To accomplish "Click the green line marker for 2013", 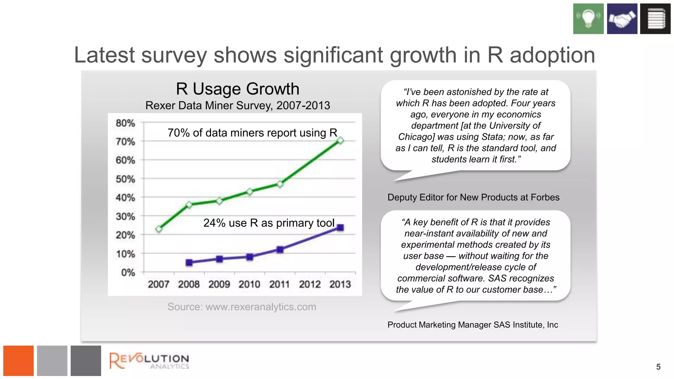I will coord(340,140).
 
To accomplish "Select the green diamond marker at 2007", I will coord(159,229).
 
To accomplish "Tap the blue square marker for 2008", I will coord(189,262).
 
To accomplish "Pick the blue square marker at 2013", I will coord(340,227).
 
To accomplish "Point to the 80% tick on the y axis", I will coord(125,123).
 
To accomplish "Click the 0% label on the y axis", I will coord(128,272).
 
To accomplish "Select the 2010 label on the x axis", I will coord(249,284).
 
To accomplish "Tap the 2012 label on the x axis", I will coord(310,284).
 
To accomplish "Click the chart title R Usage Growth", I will coord(238,89).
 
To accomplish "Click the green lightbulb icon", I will coord(588,19).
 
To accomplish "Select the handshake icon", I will coord(622,19).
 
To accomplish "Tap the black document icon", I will coord(655,19).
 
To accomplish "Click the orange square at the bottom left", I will coord(18,361).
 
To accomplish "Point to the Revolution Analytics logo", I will coord(149,361).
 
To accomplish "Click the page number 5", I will coord(658,367).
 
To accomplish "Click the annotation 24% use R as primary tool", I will coord(269,223).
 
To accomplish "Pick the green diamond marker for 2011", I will coord(280,184).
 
